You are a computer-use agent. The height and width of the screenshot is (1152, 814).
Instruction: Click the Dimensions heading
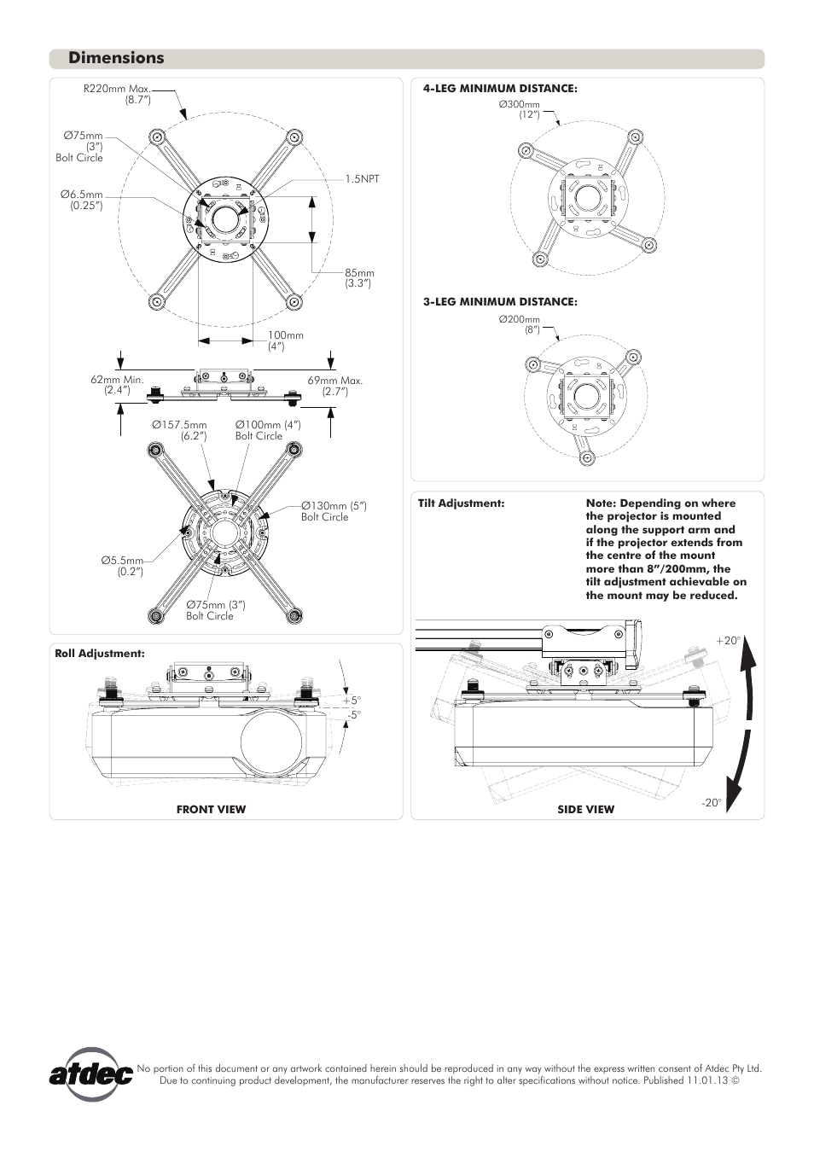tap(116, 58)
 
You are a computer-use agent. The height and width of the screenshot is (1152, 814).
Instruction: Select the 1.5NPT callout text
tap(362, 178)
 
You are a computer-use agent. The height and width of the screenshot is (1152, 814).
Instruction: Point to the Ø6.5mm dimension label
tap(82, 200)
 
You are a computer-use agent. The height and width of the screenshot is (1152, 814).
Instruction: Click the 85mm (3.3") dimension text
tap(359, 278)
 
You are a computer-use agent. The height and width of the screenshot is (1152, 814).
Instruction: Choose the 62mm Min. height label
tap(117, 385)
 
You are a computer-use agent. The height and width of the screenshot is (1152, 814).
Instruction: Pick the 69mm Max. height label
tap(334, 385)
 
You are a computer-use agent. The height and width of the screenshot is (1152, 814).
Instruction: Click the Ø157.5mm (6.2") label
tap(179, 430)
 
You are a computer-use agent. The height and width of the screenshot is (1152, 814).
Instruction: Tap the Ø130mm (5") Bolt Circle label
tap(333, 511)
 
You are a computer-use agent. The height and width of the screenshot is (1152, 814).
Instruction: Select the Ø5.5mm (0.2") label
tap(122, 566)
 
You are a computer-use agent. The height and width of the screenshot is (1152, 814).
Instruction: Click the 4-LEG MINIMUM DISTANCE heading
tap(500, 88)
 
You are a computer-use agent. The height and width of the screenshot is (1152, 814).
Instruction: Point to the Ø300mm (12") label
tap(520, 109)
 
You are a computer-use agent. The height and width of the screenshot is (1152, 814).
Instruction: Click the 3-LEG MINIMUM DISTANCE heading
tap(500, 301)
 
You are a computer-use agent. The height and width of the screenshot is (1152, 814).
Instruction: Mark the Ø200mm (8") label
tap(520, 324)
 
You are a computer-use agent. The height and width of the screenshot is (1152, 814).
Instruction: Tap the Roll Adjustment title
tap(100, 654)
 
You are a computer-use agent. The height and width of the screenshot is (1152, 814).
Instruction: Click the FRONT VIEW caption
tap(211, 809)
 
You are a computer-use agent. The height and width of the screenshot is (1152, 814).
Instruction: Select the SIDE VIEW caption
tap(585, 809)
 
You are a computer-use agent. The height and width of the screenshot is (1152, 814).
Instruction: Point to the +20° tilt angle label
tap(726, 641)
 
